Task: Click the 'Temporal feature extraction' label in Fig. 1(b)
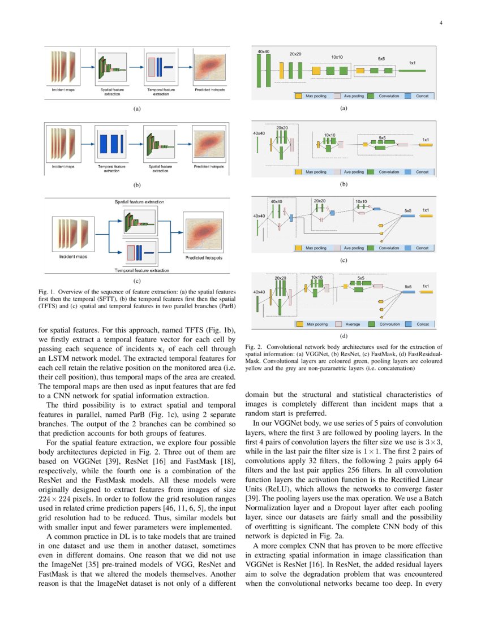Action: click(x=112, y=169)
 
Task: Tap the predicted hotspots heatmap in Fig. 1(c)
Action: click(x=204, y=235)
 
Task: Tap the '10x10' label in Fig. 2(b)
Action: click(x=329, y=135)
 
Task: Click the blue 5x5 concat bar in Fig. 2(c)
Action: click(x=407, y=215)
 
